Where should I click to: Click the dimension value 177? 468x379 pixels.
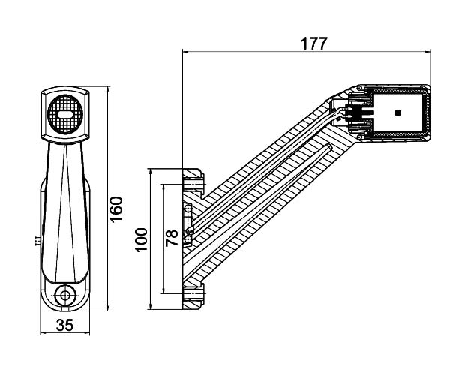click(x=314, y=44)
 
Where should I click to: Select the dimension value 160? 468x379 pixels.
click(x=116, y=209)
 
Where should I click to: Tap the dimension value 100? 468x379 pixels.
click(x=141, y=240)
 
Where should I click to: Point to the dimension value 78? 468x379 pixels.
click(x=172, y=238)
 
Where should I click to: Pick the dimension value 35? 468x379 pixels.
click(x=64, y=325)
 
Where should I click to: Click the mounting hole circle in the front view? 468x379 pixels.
click(x=64, y=296)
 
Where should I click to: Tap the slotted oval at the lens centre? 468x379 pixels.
click(x=65, y=114)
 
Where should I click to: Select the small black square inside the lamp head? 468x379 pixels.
click(x=397, y=113)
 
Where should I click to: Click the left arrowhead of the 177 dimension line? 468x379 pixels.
click(x=185, y=51)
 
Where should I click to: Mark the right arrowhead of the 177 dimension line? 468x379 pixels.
click(x=427, y=51)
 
